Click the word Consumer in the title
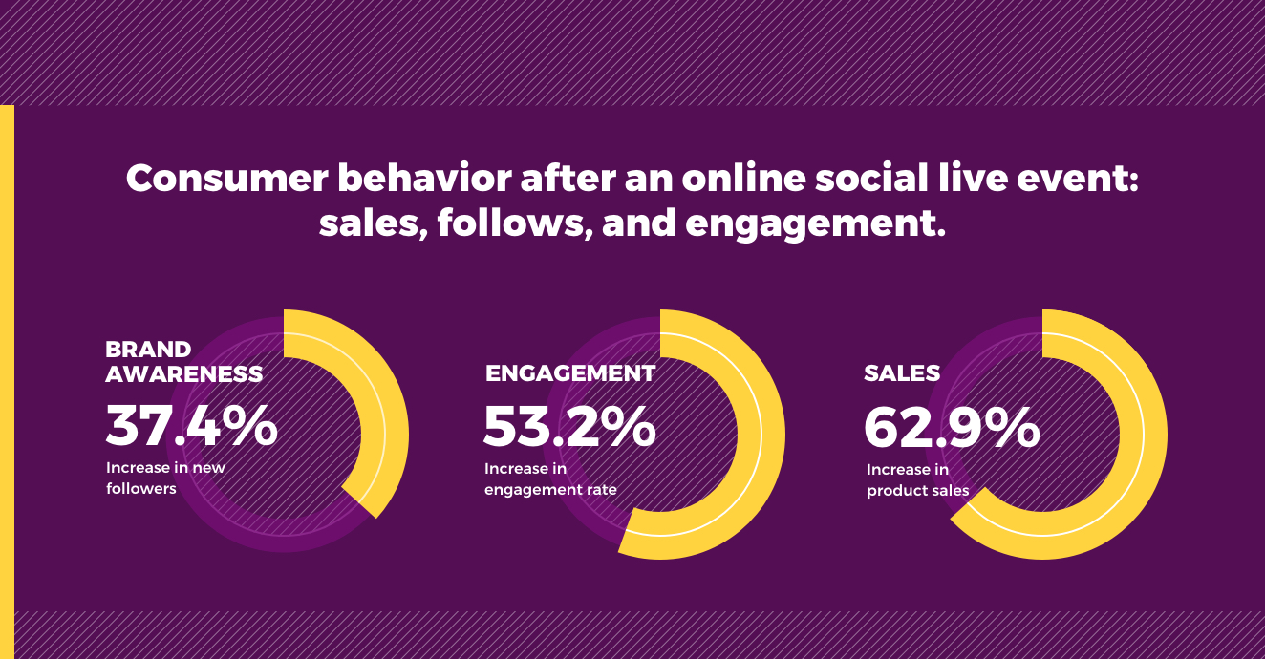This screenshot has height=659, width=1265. (x=227, y=179)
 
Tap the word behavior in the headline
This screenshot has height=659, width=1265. (x=424, y=179)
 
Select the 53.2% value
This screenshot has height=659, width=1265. (x=569, y=426)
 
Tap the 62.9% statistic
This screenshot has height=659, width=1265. (x=952, y=428)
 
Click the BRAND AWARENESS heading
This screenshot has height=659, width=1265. (x=184, y=361)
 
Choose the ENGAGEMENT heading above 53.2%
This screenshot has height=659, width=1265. (x=570, y=373)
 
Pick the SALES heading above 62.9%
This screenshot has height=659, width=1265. (x=902, y=373)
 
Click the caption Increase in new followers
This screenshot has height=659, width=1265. (x=165, y=478)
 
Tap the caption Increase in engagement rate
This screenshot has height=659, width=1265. (x=550, y=479)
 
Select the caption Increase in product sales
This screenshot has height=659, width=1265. (x=917, y=480)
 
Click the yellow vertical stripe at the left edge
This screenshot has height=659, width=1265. (x=7, y=382)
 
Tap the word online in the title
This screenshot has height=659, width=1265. (x=744, y=179)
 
